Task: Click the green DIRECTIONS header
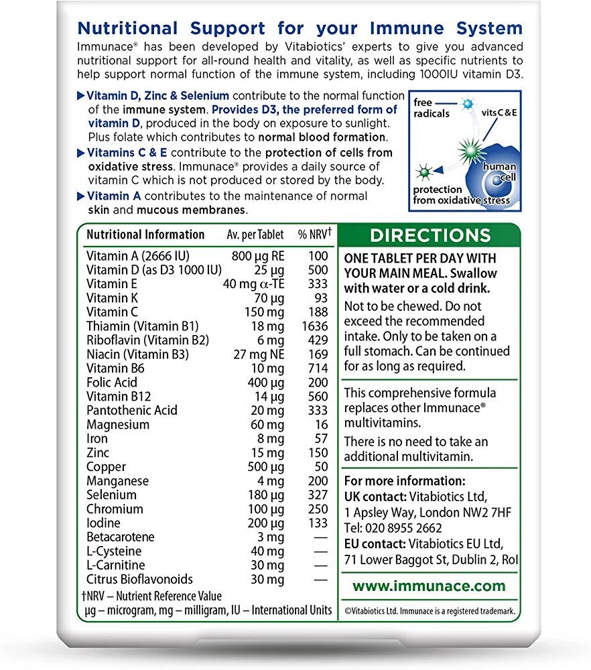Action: tap(430, 235)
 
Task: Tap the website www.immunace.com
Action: tap(430, 586)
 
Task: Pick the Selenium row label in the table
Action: tap(111, 495)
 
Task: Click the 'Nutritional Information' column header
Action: tap(145, 234)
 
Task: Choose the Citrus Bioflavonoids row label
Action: tap(139, 580)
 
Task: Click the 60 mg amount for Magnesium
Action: tap(268, 425)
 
